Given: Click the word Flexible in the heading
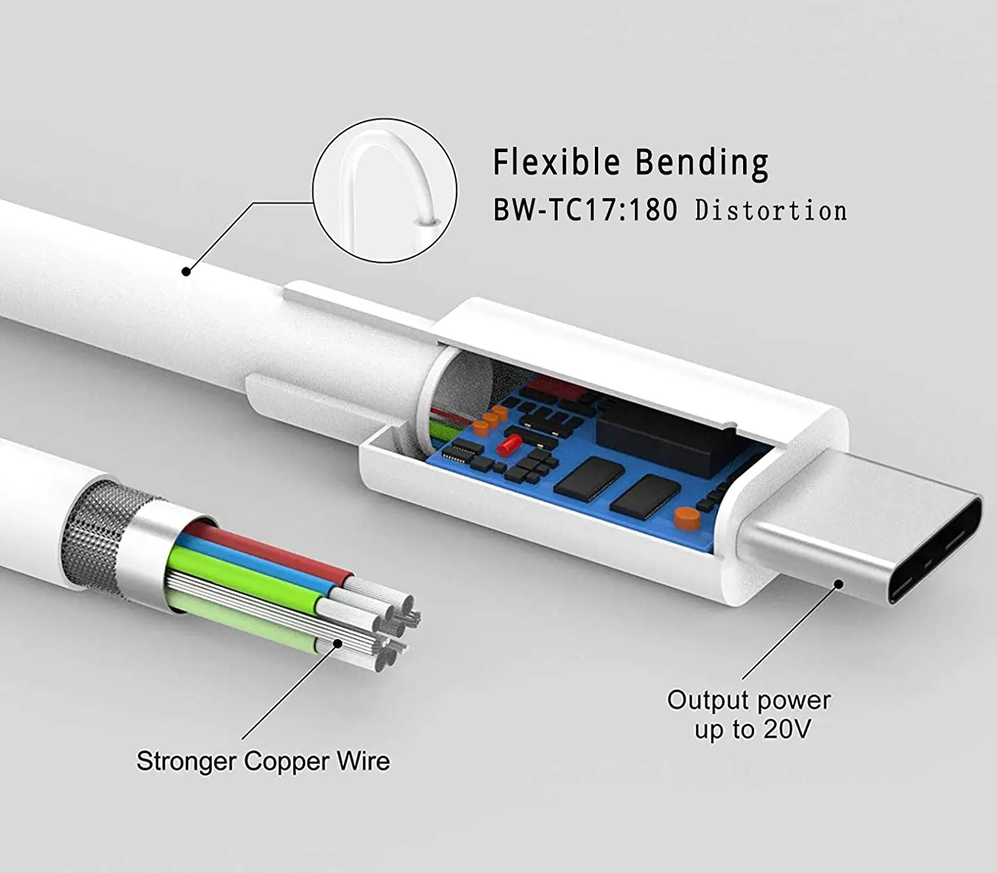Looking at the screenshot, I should tap(556, 161).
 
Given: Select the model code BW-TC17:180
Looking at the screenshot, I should tap(585, 210).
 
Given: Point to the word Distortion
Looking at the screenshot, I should tap(771, 211).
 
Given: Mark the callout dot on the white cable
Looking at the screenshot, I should tap(187, 271).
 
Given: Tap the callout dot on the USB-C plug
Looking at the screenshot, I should tap(838, 584).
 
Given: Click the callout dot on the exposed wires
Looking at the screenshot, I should tap(338, 642).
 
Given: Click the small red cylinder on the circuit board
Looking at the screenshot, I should tap(509, 444).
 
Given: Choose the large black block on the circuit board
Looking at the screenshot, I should tap(665, 435).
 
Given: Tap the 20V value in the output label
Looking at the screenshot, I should tap(787, 729).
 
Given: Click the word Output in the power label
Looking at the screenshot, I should tap(708, 700).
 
